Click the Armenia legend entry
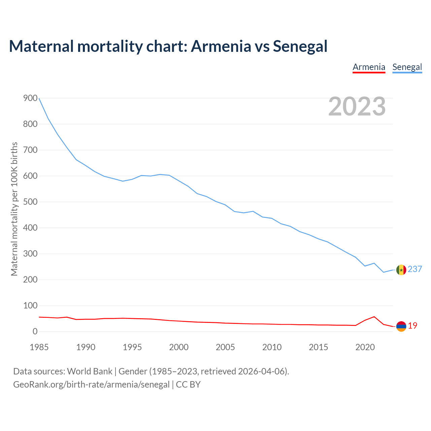(x=369, y=67)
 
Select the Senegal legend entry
(x=407, y=67)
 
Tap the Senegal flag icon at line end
(x=401, y=270)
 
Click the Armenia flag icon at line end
(x=401, y=326)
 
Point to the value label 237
(x=415, y=269)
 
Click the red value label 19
(x=412, y=326)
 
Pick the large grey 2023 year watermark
(x=357, y=106)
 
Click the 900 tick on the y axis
(x=30, y=98)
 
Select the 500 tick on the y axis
(x=30, y=202)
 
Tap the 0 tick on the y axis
(x=35, y=332)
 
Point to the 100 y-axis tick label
(x=30, y=306)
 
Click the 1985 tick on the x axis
(x=39, y=347)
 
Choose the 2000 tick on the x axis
(x=179, y=347)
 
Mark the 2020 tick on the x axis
(x=365, y=347)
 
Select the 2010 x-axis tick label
(x=272, y=347)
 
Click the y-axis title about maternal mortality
(x=14, y=209)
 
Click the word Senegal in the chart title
(x=300, y=46)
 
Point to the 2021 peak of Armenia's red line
(x=374, y=317)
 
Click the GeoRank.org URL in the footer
(x=91, y=385)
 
